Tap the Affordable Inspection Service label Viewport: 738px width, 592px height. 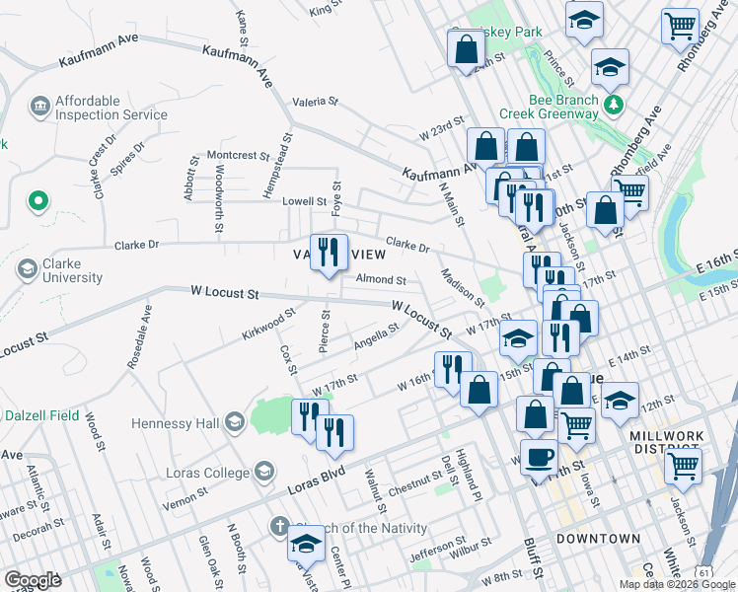tap(111, 108)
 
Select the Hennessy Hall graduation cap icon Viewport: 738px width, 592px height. tap(235, 423)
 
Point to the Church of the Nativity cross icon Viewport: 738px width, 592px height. tap(279, 527)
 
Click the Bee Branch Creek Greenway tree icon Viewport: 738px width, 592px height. tap(615, 104)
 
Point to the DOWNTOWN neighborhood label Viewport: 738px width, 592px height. tap(598, 539)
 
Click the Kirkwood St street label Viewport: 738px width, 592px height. tap(268, 325)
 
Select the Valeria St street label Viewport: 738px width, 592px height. tap(315, 102)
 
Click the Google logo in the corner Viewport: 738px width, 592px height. tap(33, 580)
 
